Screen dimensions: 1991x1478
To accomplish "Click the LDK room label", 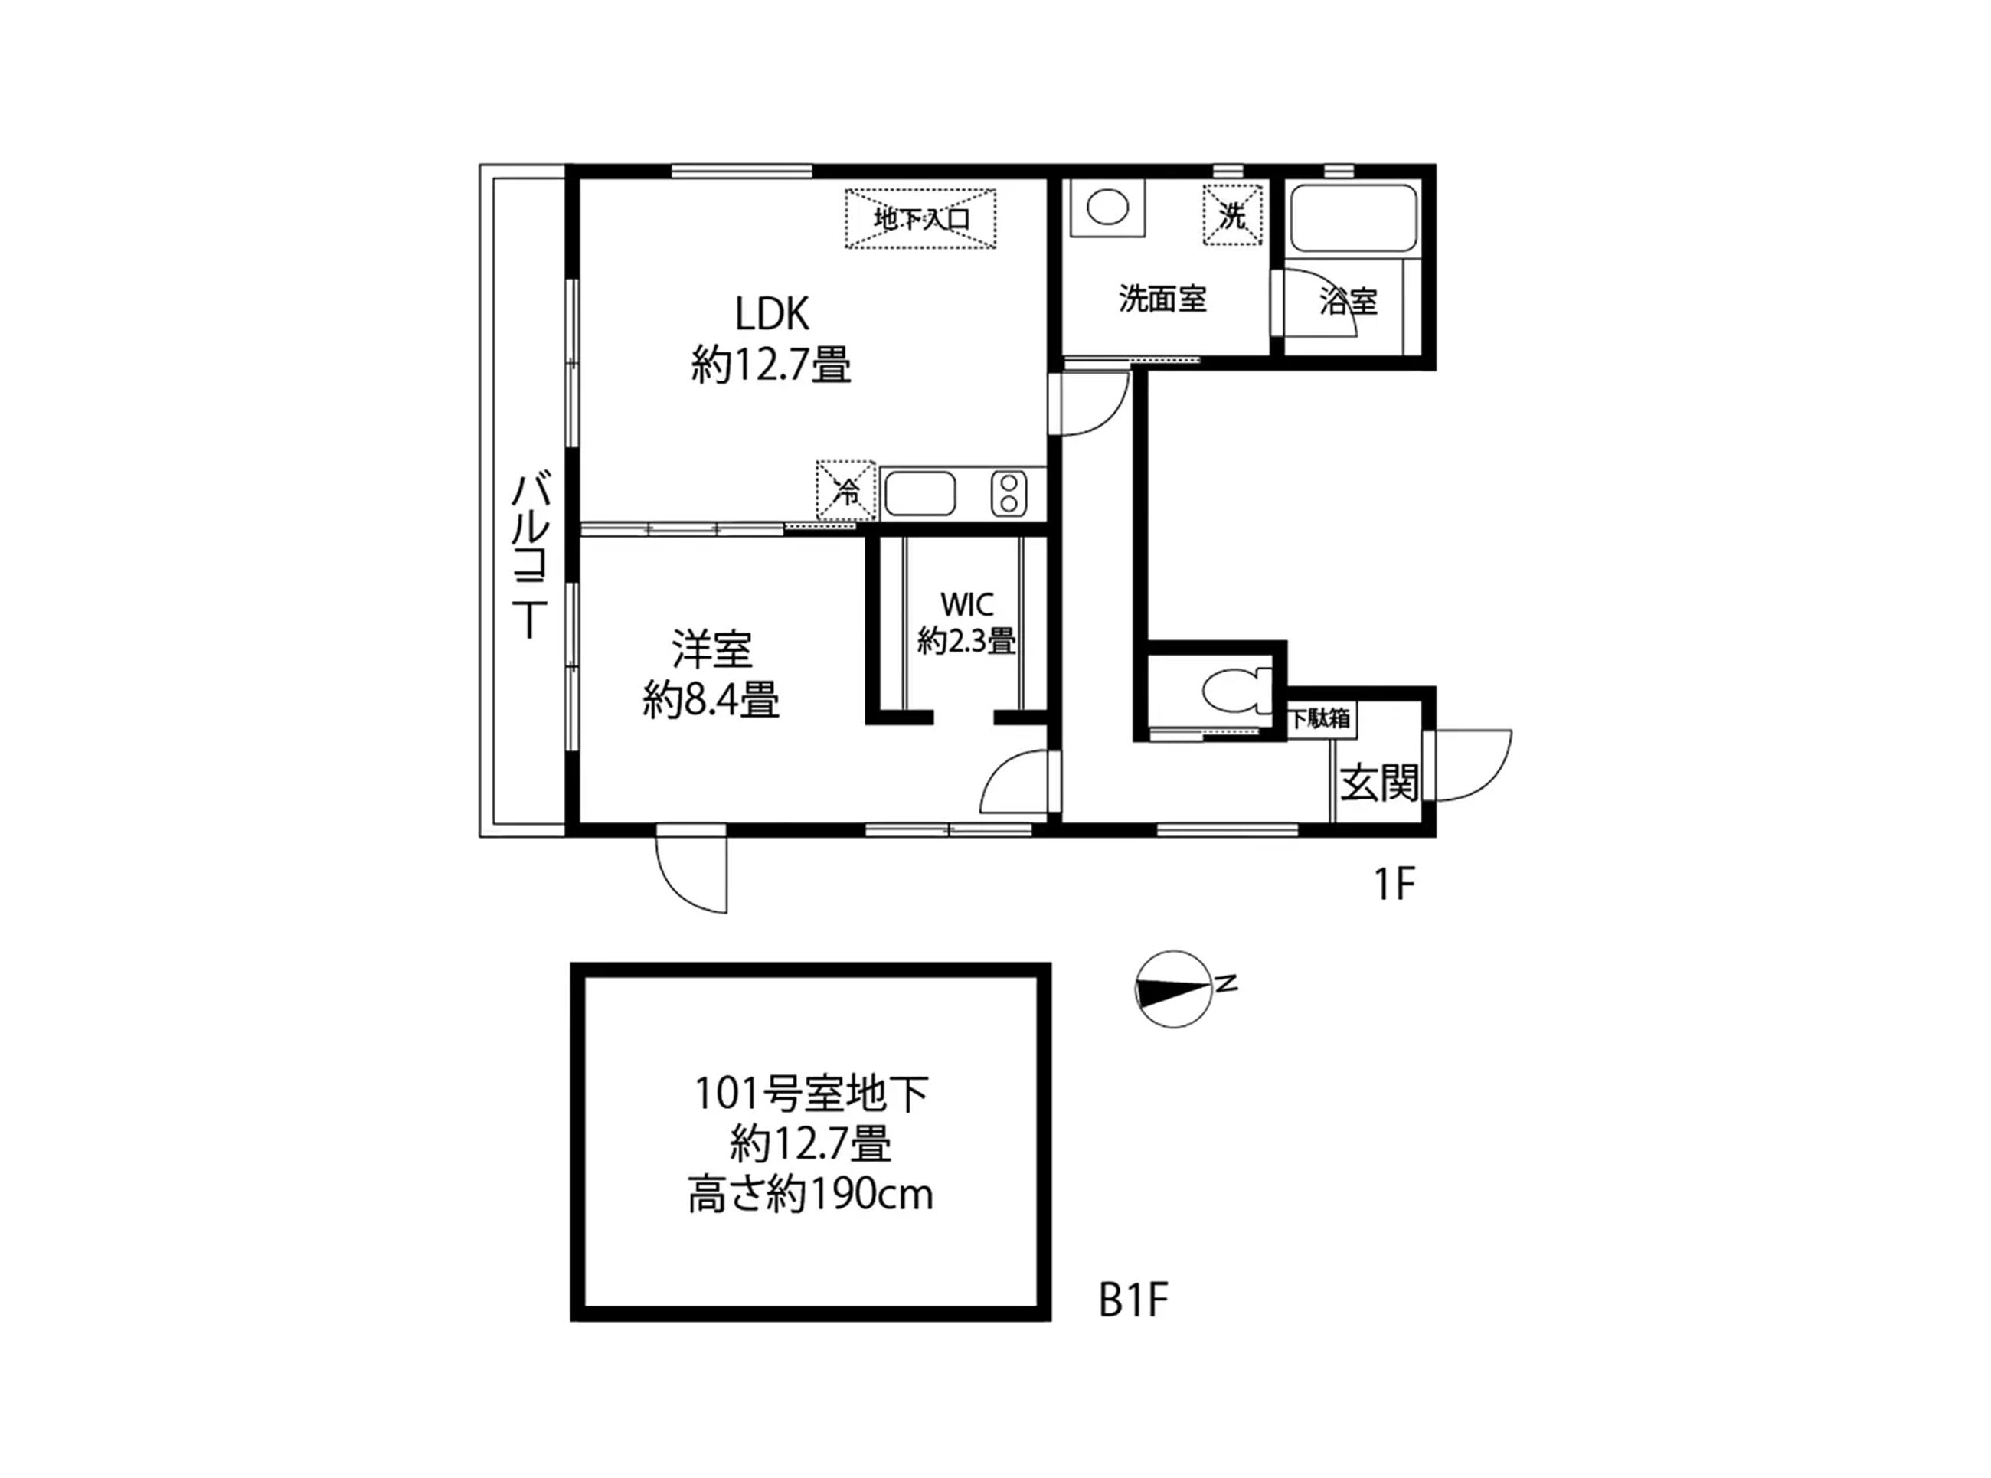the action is click(772, 314).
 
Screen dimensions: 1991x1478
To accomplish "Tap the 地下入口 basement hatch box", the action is click(920, 217).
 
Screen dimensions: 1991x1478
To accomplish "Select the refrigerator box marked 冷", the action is click(845, 490).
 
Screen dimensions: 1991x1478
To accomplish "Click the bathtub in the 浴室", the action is click(1352, 218).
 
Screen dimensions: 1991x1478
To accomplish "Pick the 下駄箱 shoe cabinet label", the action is click(1319, 718).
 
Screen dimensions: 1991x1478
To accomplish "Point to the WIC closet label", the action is click(967, 605).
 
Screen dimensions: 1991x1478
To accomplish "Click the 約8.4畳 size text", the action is click(711, 700).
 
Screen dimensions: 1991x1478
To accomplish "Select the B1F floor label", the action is click(1133, 1300).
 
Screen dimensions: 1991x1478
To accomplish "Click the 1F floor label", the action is click(1394, 885).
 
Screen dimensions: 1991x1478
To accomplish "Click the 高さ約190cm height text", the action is click(810, 1195).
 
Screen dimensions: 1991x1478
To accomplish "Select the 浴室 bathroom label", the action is click(1348, 302).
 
